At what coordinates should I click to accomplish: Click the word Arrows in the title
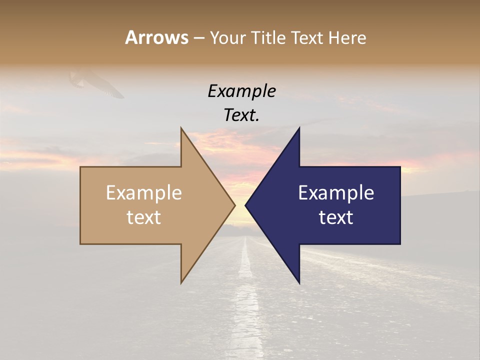pos(156,37)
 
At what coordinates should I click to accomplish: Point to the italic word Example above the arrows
pos(242,91)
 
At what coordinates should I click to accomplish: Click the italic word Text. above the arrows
pos(242,115)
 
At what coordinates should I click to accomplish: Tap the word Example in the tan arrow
pos(144,193)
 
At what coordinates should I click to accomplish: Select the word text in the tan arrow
pos(144,217)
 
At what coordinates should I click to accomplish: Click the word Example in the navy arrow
pos(336,193)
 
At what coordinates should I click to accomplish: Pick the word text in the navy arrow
pos(336,217)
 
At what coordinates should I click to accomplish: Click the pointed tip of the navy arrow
pos(247,205)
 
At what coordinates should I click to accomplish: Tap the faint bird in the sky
pos(97,82)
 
